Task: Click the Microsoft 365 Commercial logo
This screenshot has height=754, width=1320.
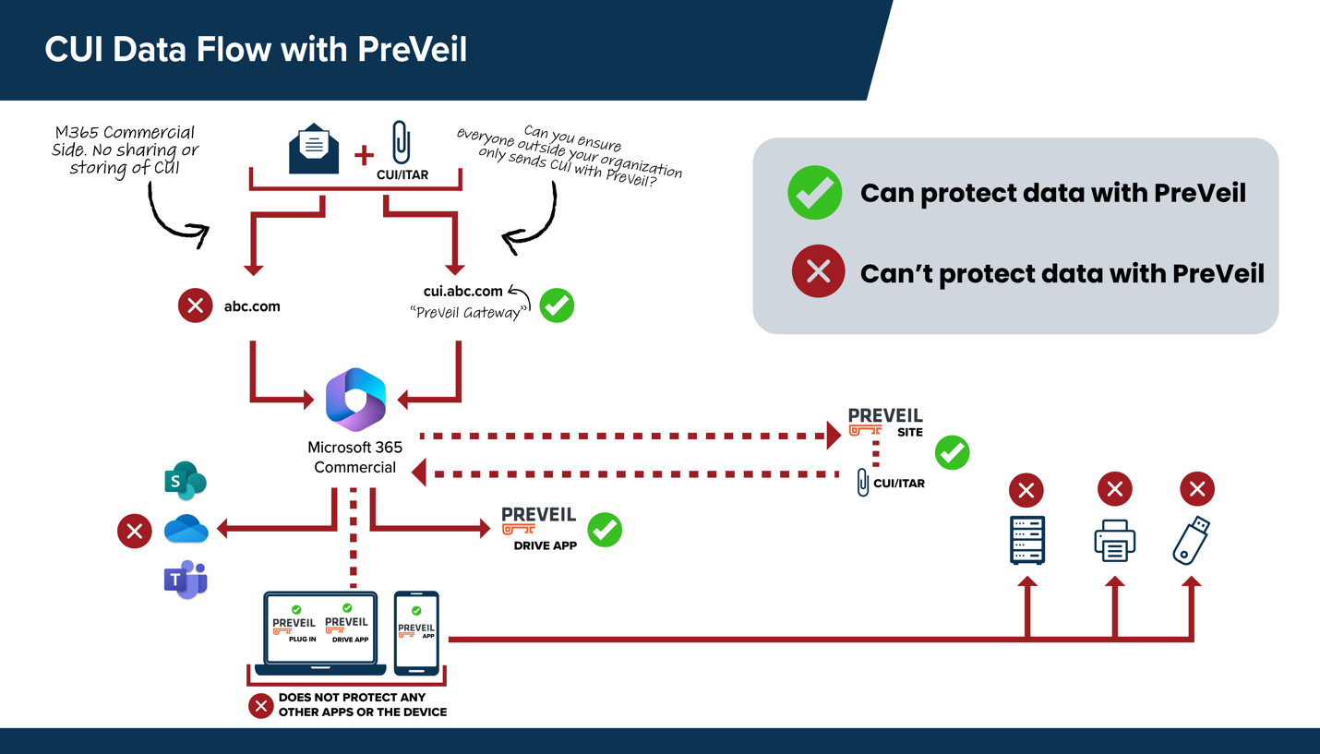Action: [355, 399]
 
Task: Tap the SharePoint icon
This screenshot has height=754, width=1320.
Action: [185, 481]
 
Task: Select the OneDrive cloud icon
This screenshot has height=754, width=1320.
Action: [186, 530]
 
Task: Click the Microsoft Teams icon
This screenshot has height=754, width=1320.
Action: [186, 580]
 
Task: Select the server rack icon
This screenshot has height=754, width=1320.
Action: [1026, 540]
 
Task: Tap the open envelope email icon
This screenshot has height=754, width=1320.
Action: [314, 149]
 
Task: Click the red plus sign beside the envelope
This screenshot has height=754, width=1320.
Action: [364, 155]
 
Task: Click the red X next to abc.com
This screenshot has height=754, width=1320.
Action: [195, 305]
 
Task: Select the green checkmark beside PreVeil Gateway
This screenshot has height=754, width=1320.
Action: [557, 305]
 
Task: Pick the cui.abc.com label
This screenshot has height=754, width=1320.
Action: [462, 291]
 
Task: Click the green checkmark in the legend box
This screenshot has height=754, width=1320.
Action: [814, 193]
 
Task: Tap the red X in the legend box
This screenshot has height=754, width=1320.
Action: [818, 272]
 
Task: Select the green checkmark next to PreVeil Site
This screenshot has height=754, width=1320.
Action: [952, 453]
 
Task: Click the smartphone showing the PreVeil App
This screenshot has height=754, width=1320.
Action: [416, 632]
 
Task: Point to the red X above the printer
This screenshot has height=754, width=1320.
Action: [1114, 489]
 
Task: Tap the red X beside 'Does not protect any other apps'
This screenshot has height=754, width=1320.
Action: [261, 706]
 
